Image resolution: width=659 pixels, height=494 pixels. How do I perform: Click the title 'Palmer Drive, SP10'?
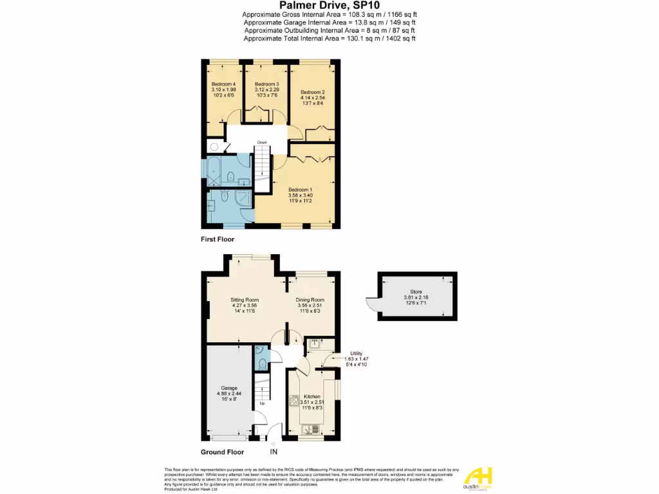pos(329,5)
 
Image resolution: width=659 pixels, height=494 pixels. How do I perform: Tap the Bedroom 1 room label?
pos(300,190)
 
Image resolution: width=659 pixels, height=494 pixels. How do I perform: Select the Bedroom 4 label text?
pos(223,84)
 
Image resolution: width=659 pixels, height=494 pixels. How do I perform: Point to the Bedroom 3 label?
pos(266,84)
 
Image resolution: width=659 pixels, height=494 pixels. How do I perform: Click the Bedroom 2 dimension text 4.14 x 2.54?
pos(313,98)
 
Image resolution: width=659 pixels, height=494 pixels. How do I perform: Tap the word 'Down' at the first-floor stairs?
pos(262,142)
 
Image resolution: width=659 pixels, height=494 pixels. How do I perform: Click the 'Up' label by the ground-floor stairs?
pos(262,404)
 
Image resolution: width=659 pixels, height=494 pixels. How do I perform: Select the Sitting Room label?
pos(245,300)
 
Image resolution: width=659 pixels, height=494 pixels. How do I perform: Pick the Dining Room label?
pos(310,300)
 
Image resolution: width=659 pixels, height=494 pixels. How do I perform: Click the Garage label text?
pos(230,389)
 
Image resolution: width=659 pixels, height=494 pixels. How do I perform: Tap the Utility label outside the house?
pos(356,353)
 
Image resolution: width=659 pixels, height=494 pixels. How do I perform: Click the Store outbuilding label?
pos(416,291)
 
